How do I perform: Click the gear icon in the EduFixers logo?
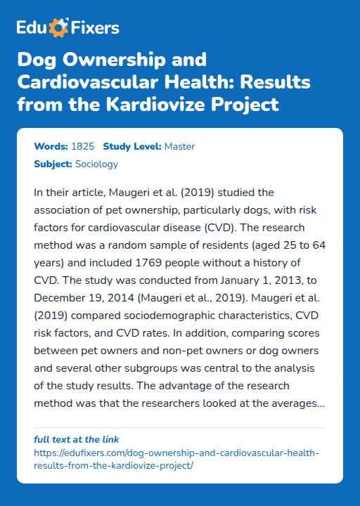pos(60,28)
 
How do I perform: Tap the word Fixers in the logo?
pos(94,28)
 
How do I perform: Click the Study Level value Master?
pos(179,147)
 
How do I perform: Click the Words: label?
pos(51,147)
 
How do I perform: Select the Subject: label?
pos(53,164)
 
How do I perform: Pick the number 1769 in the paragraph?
pos(148,263)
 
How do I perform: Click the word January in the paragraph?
pos(223,281)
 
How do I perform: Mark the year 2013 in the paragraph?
pos(276,281)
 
